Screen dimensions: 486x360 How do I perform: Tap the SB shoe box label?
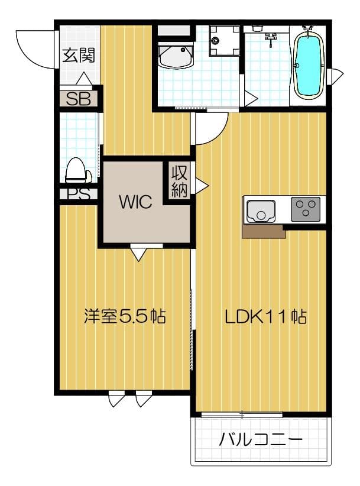coord(78,99)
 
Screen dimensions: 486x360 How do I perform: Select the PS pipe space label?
coord(77,194)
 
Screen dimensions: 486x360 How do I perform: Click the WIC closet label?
coord(135,202)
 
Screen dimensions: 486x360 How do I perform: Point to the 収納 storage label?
coord(180,182)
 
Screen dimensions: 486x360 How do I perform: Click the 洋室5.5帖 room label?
coord(124,316)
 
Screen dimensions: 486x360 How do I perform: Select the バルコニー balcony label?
coord(261,440)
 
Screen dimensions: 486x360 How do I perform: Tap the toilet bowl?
coord(77,171)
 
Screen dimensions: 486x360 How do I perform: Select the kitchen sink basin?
coord(261,210)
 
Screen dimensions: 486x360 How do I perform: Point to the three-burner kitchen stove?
coord(305,209)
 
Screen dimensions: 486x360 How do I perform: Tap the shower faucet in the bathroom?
coord(271,38)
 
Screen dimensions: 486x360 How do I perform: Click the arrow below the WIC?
coord(138,254)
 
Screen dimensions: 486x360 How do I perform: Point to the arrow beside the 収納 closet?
coord(202,186)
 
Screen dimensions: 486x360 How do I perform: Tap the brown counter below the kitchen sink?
coord(264,231)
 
